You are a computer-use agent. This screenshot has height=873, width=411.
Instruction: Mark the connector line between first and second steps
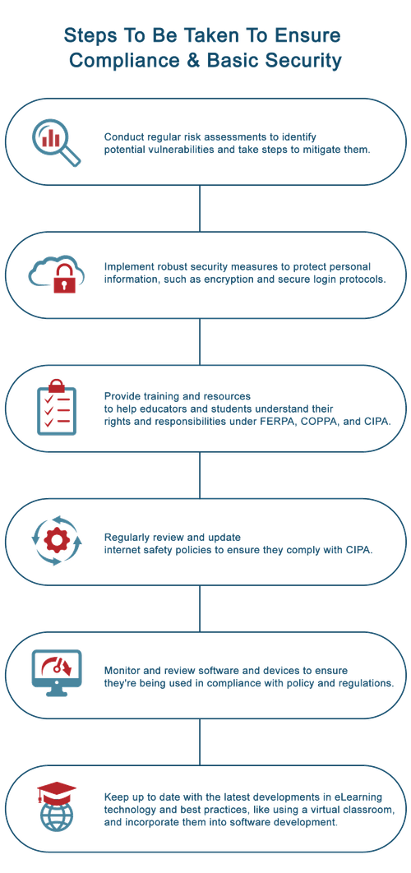click(x=199, y=209)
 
